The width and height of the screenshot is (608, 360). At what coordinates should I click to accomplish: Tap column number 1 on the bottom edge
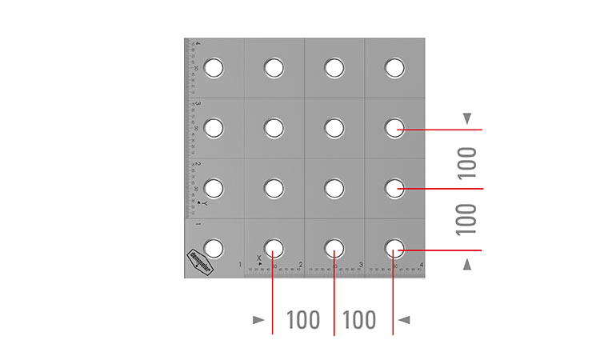point(240,265)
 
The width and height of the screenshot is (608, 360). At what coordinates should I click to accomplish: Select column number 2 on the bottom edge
point(300,265)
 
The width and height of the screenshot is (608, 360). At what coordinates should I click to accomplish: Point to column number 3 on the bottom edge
point(361,265)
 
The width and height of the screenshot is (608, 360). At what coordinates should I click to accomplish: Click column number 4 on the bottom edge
point(421,265)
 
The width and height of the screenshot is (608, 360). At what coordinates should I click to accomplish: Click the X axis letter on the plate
point(258,258)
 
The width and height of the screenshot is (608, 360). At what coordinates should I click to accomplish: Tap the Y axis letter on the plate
point(204,204)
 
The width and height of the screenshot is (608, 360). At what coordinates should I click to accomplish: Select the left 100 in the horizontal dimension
point(303,320)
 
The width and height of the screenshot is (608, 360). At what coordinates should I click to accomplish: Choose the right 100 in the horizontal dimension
point(359,320)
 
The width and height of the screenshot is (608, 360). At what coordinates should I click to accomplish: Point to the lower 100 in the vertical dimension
point(467,219)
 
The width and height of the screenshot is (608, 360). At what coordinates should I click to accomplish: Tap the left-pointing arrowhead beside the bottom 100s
point(405,320)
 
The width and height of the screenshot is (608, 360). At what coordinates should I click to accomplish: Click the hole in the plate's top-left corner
point(214,68)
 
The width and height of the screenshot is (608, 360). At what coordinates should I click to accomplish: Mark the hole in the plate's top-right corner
point(394,68)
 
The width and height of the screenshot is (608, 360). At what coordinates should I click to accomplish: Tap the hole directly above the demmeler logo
point(214,188)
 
